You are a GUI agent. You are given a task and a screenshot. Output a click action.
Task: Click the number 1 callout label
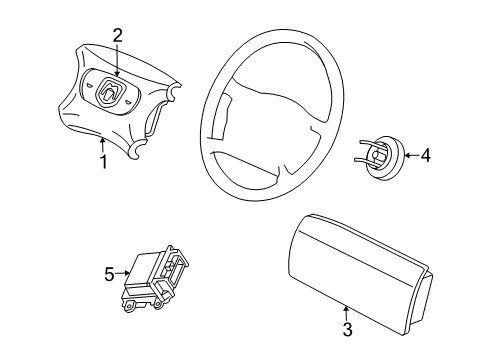tap(102, 159)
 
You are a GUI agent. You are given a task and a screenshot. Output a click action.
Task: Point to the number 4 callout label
tap(426, 155)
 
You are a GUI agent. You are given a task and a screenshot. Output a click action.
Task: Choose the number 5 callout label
tap(110, 270)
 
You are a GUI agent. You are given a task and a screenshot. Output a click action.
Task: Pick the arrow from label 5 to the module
tap(126, 270)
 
